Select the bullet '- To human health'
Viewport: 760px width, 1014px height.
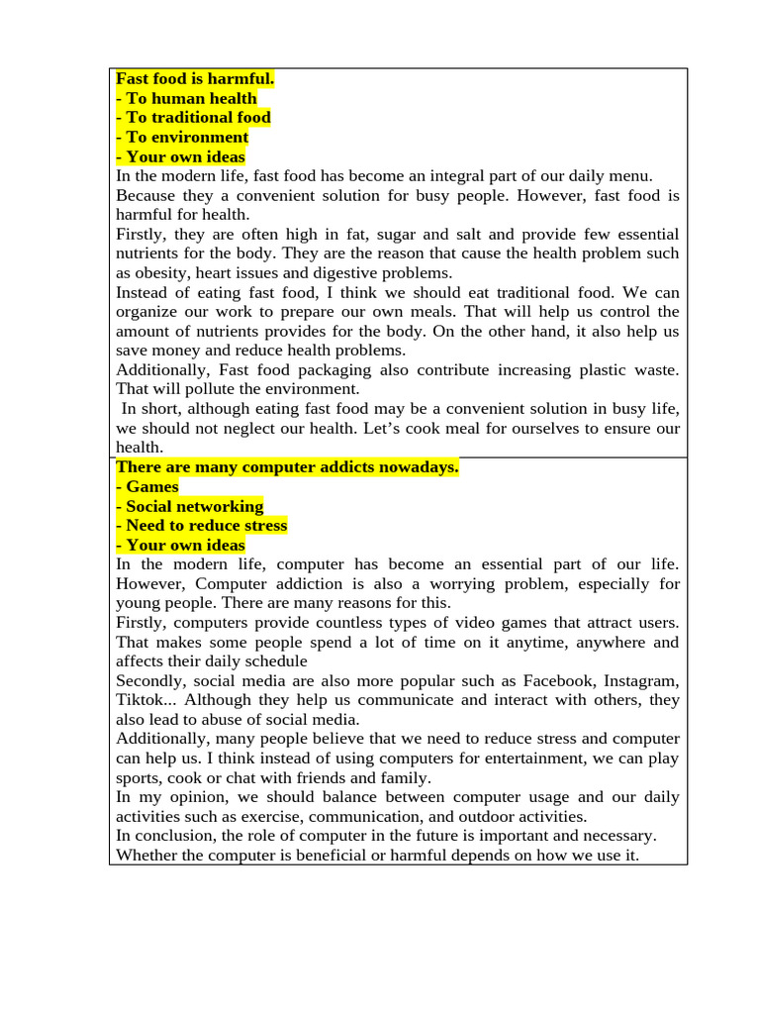click(x=186, y=98)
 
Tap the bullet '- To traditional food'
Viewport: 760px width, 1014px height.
click(x=193, y=117)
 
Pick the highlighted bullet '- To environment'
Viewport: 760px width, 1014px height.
click(x=182, y=137)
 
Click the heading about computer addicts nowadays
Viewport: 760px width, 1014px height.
click(x=287, y=467)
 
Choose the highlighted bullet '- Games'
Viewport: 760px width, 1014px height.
click(x=147, y=486)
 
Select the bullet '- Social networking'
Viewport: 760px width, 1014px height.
click(x=190, y=506)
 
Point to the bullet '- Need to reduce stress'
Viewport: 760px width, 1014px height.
click(x=202, y=525)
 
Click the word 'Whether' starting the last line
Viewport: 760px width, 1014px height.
click(x=145, y=855)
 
